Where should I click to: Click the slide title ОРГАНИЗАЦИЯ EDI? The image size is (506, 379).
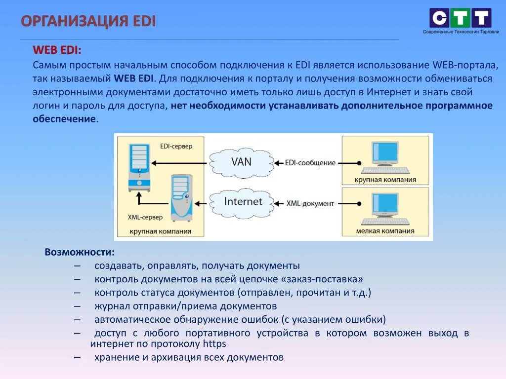(x=88, y=21)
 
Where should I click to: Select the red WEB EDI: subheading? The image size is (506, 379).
(x=57, y=50)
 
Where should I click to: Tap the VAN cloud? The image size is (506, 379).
(x=241, y=162)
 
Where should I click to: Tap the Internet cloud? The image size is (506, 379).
(x=243, y=201)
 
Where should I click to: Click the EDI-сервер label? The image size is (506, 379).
(x=176, y=146)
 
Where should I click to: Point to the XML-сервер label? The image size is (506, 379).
(x=145, y=217)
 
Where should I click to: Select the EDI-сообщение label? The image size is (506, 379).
(x=310, y=163)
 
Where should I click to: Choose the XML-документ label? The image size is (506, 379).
(x=310, y=203)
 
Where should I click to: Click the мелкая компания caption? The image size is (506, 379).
(x=385, y=230)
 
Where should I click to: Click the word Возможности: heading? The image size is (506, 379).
(x=80, y=252)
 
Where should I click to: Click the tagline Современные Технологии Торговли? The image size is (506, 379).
(x=461, y=32)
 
